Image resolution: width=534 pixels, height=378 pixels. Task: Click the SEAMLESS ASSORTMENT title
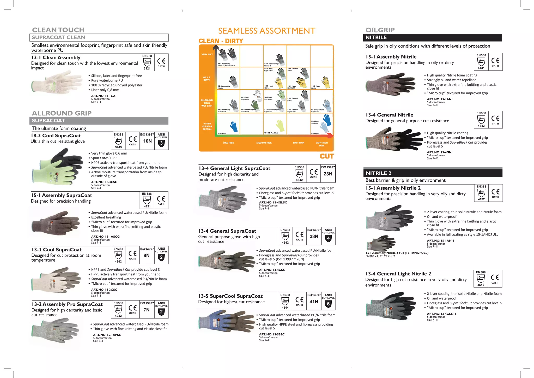tap(266, 31)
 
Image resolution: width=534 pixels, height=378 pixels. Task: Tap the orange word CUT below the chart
tap(327, 156)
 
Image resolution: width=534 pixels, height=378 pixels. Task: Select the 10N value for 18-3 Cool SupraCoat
tap(147, 141)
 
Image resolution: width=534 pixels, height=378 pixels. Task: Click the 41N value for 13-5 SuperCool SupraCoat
tap(314, 302)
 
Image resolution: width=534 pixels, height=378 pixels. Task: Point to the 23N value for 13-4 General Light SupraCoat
tap(328, 174)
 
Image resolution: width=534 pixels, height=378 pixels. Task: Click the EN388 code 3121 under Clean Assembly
tap(147, 68)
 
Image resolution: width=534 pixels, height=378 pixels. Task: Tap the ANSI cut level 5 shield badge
tap(328, 304)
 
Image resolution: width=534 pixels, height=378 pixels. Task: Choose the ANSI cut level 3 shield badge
tap(161, 143)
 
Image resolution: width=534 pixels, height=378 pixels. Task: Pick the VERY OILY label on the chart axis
tap(207, 55)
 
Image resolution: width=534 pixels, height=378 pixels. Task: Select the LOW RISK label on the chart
tap(228, 143)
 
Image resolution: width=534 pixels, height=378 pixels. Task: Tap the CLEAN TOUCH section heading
tap(58, 30)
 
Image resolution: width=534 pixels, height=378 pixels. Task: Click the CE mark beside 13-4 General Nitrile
tap(495, 119)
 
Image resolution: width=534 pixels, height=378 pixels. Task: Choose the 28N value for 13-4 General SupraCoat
tap(314, 237)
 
